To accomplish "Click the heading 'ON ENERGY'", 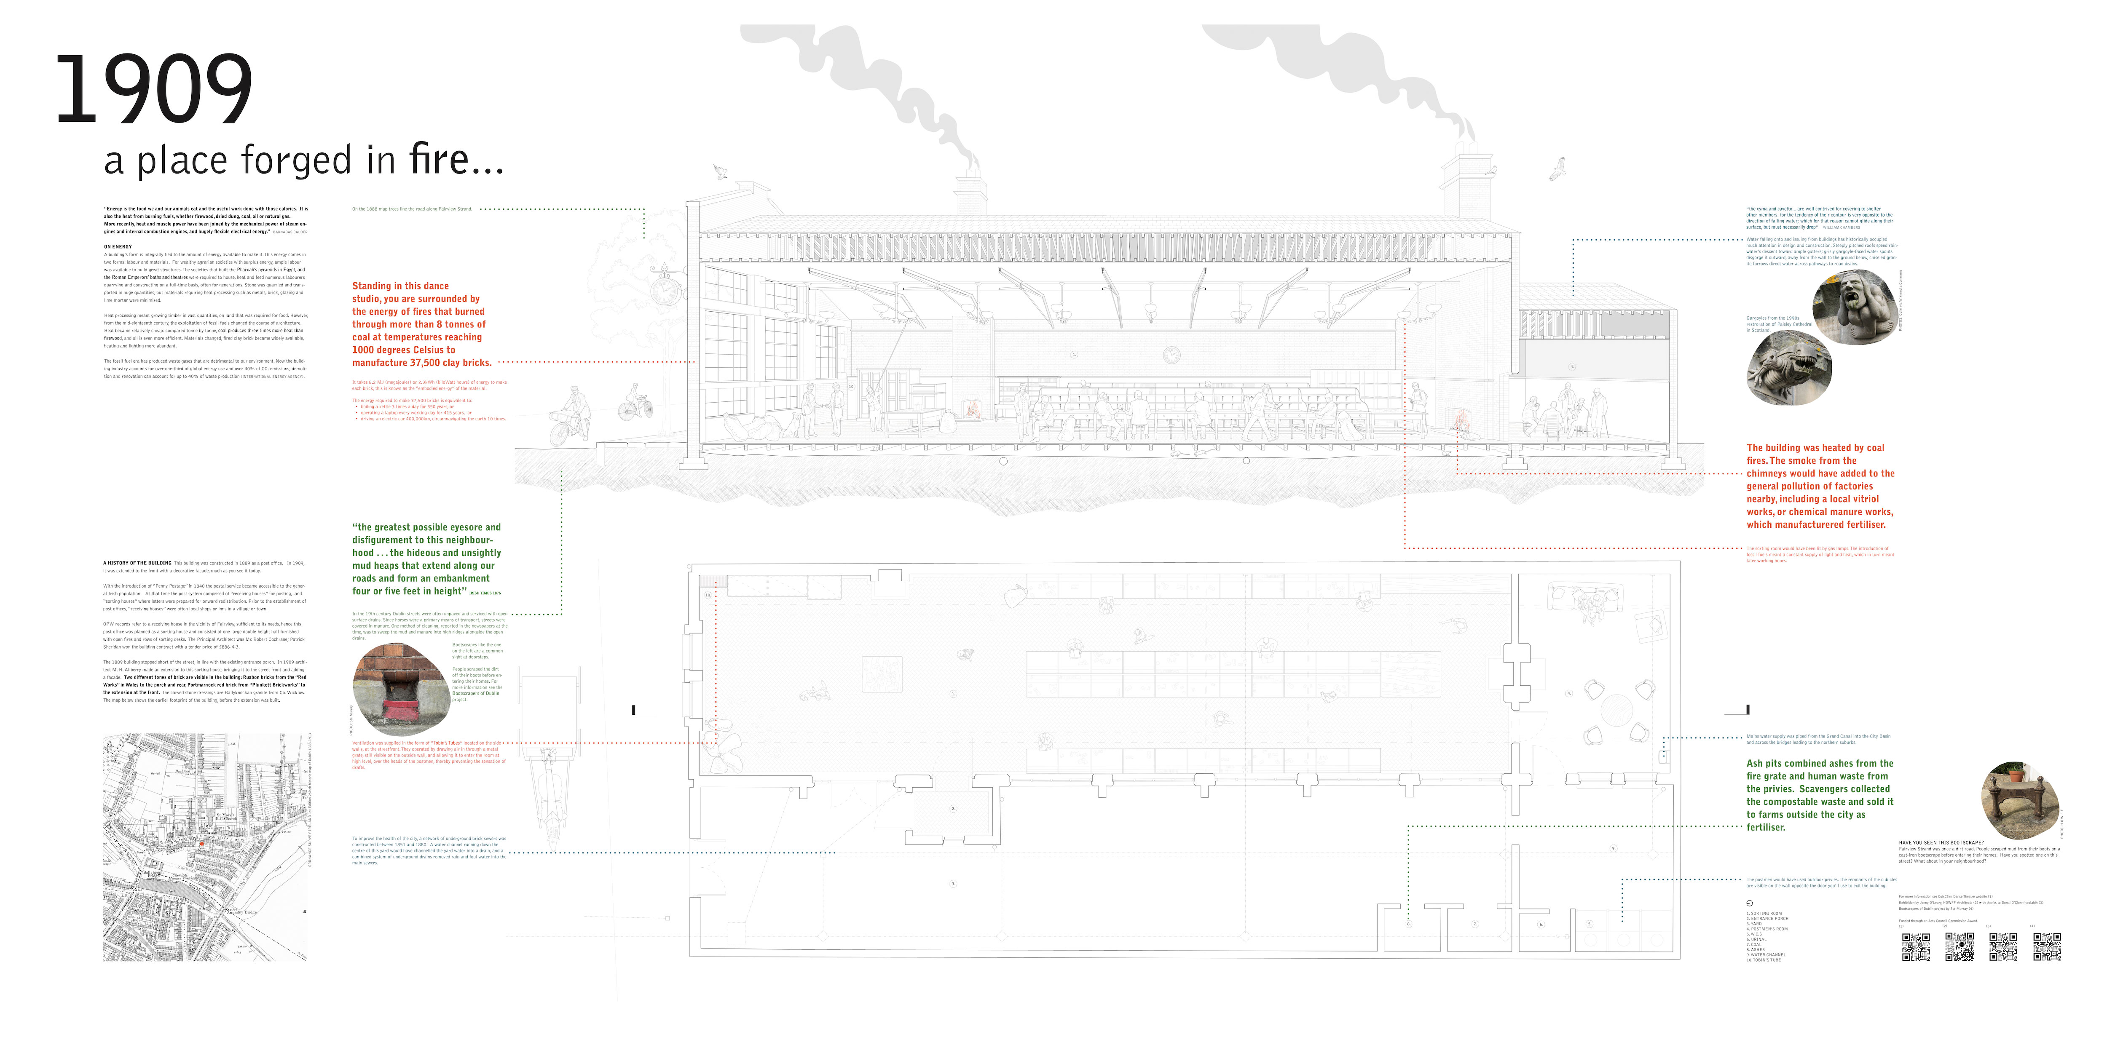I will pos(118,246).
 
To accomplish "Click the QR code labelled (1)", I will pos(1916,947).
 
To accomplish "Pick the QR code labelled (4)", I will pos(2046,947).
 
